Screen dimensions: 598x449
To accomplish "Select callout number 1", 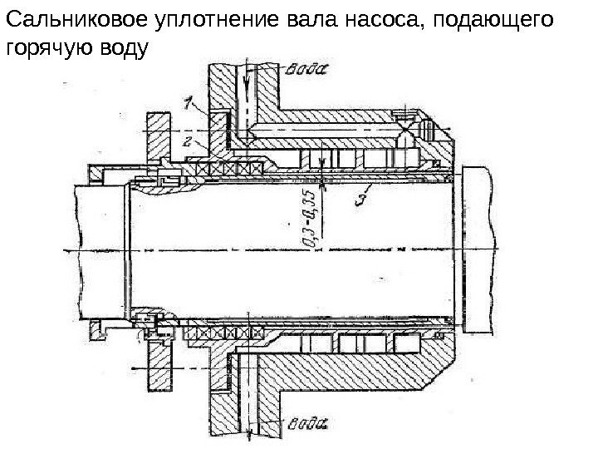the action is pos(189,103).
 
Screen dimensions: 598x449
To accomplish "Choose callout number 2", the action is pos(189,141).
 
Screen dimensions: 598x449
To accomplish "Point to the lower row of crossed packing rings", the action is pos(224,331).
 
